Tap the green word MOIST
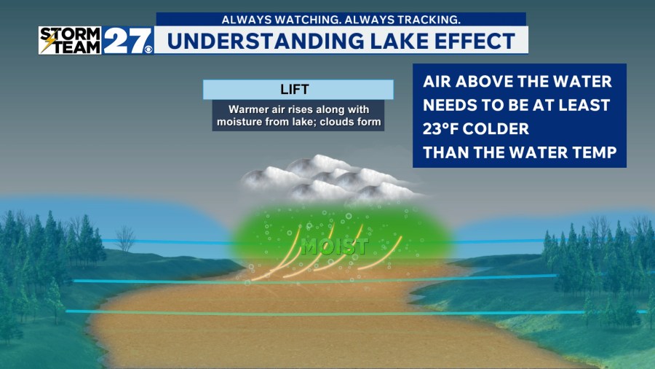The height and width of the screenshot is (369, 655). pos(335,246)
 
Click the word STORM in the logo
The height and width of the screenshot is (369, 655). pos(70,33)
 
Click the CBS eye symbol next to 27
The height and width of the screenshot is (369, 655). pos(148,50)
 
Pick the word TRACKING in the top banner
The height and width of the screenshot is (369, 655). pos(428,19)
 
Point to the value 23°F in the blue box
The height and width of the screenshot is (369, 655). pos(447,128)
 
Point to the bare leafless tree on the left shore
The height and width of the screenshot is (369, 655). pos(125,237)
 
